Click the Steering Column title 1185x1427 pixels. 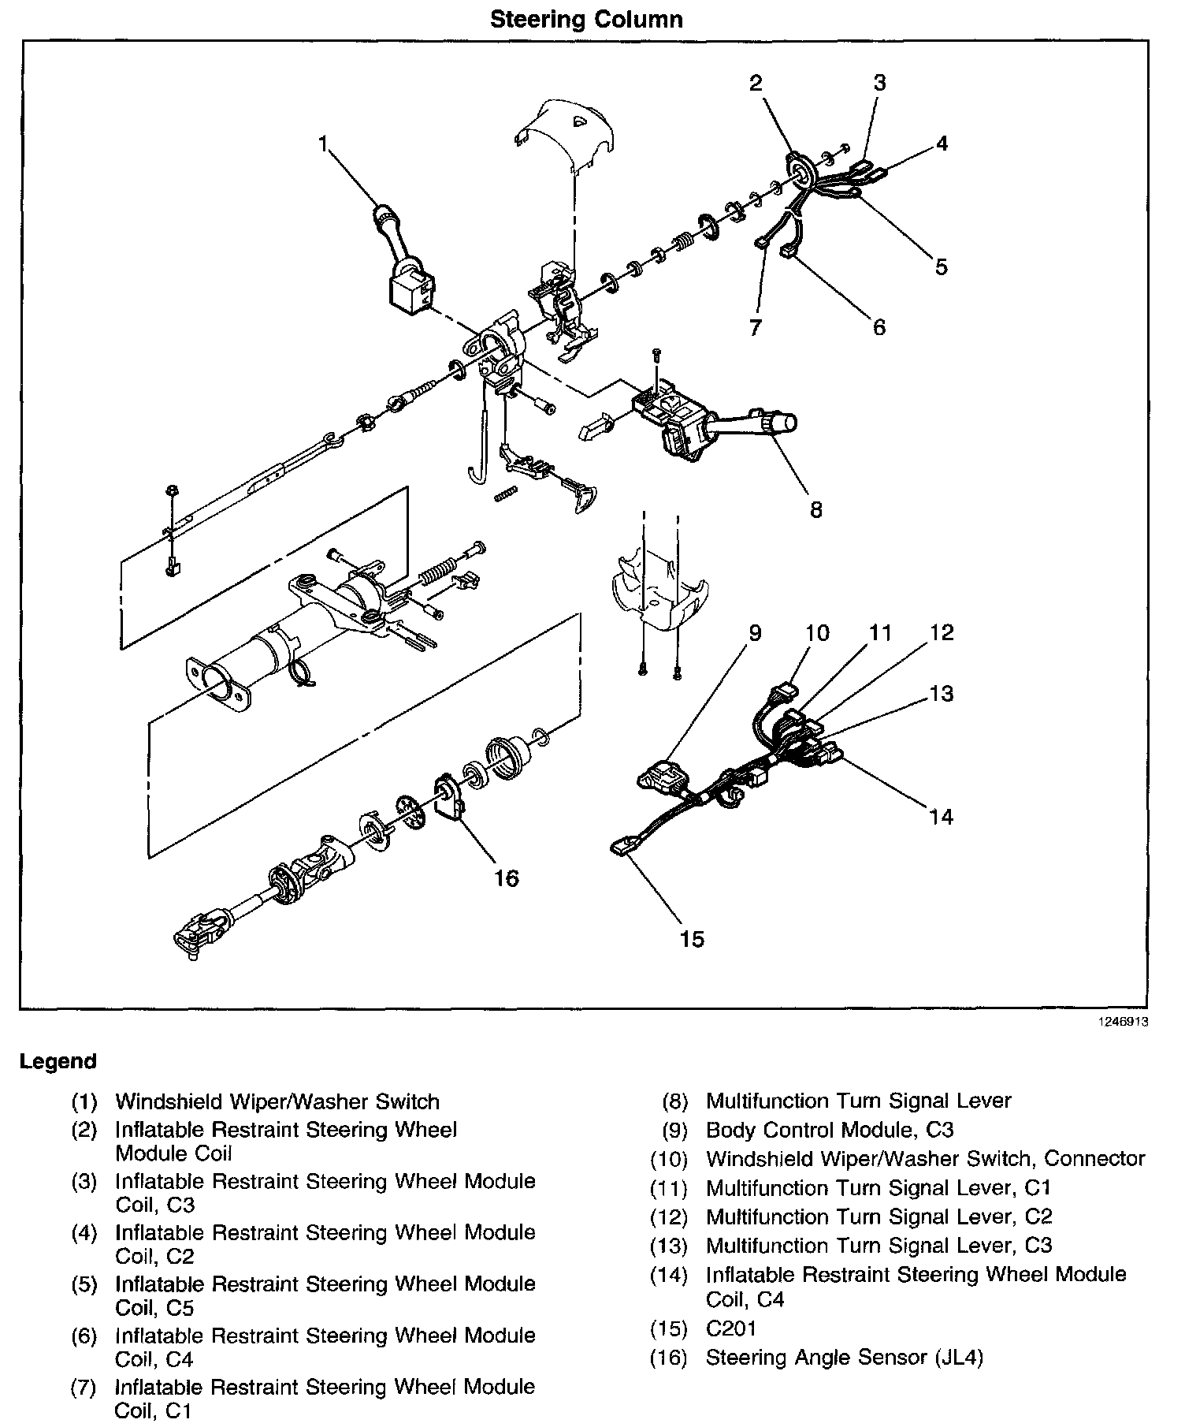click(586, 19)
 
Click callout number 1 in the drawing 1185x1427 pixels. click(322, 143)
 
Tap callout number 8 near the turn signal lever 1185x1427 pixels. click(815, 509)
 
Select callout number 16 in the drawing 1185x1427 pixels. click(507, 877)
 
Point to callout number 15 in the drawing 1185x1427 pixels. click(692, 938)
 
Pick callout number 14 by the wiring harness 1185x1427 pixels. click(941, 816)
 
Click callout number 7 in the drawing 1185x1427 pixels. click(756, 326)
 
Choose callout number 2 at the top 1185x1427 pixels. click(756, 83)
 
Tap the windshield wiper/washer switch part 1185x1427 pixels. click(407, 268)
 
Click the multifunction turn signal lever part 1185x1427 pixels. click(709, 422)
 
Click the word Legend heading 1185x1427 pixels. click(58, 1061)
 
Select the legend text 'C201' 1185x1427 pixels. click(731, 1328)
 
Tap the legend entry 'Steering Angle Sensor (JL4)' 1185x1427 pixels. click(845, 1358)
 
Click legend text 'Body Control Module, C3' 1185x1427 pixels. click(830, 1130)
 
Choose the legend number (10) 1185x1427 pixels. click(669, 1160)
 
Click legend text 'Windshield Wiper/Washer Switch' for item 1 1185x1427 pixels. click(277, 1101)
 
